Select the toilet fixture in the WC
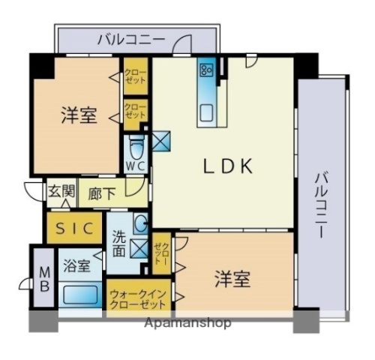[136, 145]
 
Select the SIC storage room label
[73, 228]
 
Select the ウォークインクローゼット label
[138, 299]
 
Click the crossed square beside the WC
[162, 140]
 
